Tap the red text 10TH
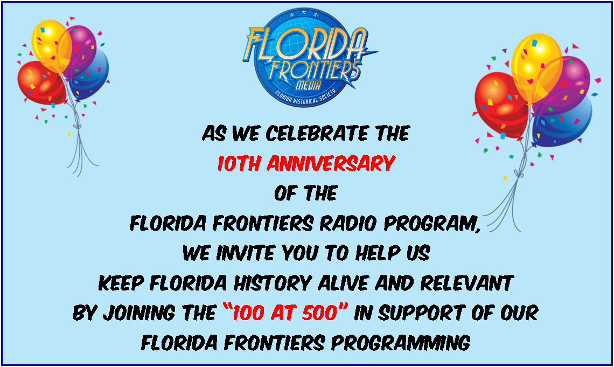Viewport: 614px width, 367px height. coord(239,163)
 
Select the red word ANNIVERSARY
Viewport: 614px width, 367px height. coord(331,163)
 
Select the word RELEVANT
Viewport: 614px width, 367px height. coord(466,283)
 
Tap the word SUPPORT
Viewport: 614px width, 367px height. coord(421,313)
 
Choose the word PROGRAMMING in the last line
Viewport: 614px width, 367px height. coord(400,343)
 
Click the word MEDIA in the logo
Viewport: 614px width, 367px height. coord(308,85)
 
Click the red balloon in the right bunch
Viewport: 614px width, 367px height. coord(500,104)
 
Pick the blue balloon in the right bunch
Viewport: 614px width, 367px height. coord(566,123)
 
